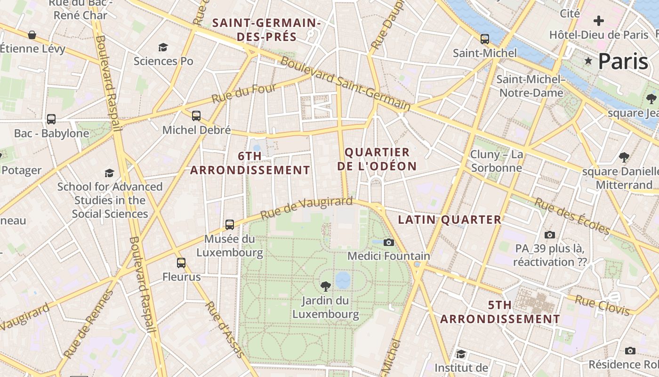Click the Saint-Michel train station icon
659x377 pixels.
tap(484, 39)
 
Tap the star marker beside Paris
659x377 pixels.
tap(588, 61)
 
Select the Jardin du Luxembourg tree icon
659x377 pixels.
tap(325, 286)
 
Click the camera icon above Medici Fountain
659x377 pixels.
tap(388, 242)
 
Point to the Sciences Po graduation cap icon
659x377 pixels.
tap(163, 47)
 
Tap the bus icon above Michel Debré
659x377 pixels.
tap(196, 115)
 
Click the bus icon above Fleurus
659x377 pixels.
tap(181, 262)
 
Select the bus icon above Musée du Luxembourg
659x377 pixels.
tap(230, 224)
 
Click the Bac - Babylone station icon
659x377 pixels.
tap(51, 119)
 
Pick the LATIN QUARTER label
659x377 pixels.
tap(450, 220)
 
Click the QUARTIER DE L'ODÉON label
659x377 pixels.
tap(377, 159)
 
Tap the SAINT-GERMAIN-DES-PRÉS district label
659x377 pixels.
tap(266, 30)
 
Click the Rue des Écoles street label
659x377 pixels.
tap(571, 216)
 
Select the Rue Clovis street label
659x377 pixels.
tap(602, 305)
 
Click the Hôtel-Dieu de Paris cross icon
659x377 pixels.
tap(598, 21)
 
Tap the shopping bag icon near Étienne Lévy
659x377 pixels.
tap(32, 35)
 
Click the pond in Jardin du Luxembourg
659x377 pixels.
tap(343, 279)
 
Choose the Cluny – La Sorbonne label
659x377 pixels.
tap(497, 161)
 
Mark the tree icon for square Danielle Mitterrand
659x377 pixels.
tap(624, 157)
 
